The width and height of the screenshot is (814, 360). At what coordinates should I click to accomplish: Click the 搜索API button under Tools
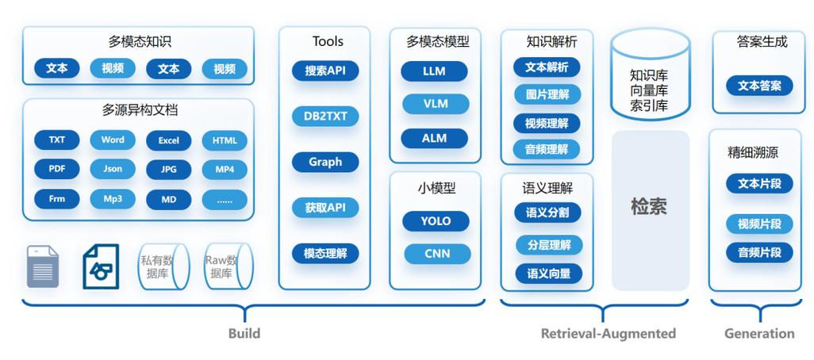pos(325,71)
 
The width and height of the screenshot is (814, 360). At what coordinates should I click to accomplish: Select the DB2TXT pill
pos(325,117)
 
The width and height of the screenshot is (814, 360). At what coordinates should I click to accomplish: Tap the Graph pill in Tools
pos(325,162)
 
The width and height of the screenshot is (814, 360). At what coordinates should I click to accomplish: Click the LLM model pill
pos(434,71)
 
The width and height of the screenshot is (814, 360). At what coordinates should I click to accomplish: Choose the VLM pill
pos(435,104)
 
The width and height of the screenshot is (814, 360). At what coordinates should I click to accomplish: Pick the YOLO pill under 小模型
pos(436,221)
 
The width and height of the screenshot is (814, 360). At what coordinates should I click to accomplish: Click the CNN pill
pos(436,254)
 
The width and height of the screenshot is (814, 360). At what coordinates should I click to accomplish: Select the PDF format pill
pos(57,169)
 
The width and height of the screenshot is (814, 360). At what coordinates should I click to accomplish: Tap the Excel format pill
pos(168,140)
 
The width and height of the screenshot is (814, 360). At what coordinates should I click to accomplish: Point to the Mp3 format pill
pos(113,199)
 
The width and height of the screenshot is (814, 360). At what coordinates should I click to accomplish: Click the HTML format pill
pos(225,140)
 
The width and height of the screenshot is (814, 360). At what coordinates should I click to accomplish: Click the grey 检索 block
pos(649,209)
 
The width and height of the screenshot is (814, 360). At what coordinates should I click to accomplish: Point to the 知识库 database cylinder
pos(649,79)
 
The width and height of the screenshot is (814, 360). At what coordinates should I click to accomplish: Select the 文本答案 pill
pos(759,86)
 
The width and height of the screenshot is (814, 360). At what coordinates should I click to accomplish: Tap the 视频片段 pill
pos(759,224)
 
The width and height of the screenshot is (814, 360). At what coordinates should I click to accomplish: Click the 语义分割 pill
pos(547,213)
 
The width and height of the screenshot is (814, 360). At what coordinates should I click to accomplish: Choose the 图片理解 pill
pos(547,95)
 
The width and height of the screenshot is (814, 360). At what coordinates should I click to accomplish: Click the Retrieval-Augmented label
pos(608,334)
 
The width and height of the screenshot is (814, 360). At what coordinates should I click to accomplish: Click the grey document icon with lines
pos(43,266)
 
